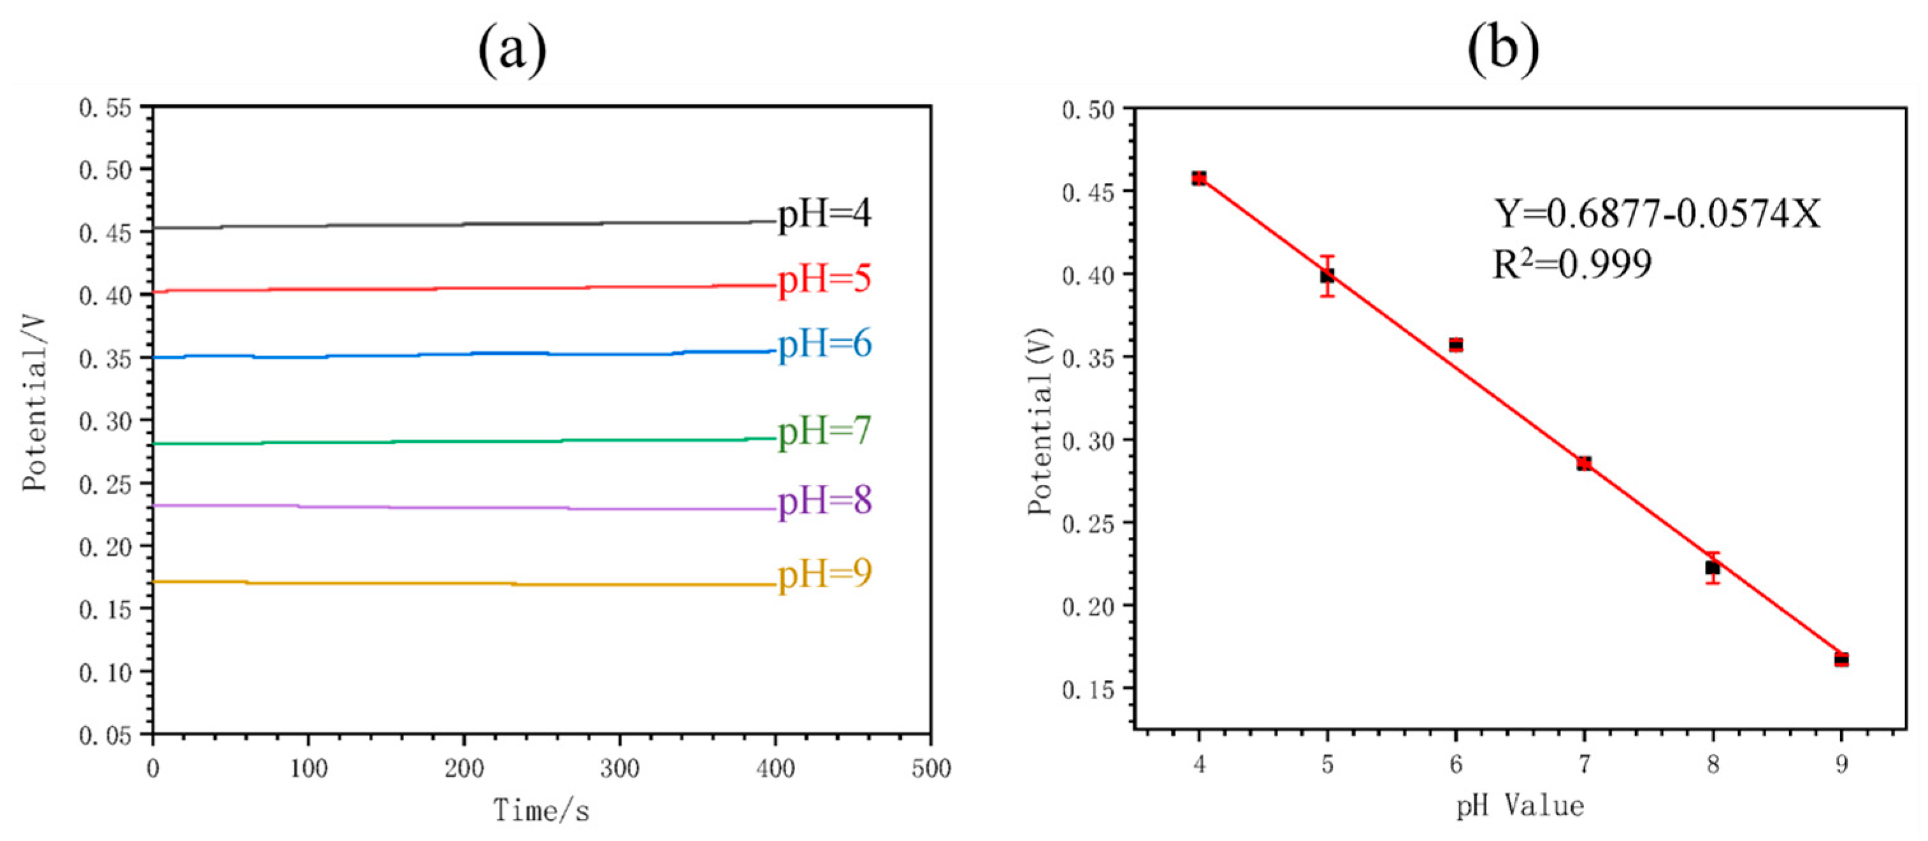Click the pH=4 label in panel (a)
(x=824, y=214)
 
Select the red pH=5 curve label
(x=824, y=280)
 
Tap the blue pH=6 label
(x=824, y=344)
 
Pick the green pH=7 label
(x=824, y=431)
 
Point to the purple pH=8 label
(x=824, y=500)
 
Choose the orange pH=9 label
(x=824, y=575)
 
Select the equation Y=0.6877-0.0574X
(x=1657, y=214)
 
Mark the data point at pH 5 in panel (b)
(x=1327, y=276)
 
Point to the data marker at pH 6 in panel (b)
(x=1456, y=345)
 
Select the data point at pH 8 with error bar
(x=1713, y=568)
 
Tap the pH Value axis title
(x=1520, y=807)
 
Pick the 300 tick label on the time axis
(x=620, y=769)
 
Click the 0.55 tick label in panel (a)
(x=104, y=108)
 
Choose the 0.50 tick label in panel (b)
(x=1088, y=111)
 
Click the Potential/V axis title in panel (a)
(x=34, y=404)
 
